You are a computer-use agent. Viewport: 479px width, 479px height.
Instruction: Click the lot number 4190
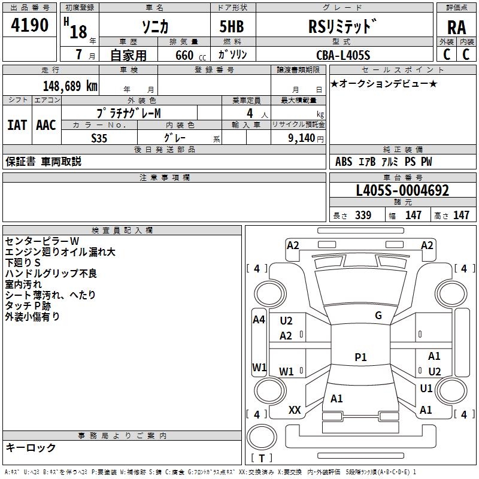pyautogui.click(x=29, y=25)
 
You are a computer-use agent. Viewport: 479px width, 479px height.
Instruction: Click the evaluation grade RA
pyautogui.click(x=456, y=28)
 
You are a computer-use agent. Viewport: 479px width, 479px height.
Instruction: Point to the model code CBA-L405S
pyautogui.click(x=343, y=55)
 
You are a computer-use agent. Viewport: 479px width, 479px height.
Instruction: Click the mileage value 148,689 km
pyautogui.click(x=70, y=86)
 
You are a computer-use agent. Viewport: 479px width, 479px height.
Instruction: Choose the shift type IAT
pyautogui.click(x=17, y=125)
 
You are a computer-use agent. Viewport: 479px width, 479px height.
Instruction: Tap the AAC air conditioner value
pyautogui.click(x=46, y=125)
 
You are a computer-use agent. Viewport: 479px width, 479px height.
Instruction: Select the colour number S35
pyautogui.click(x=99, y=138)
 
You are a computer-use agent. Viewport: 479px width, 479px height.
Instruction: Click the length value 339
pyautogui.click(x=363, y=216)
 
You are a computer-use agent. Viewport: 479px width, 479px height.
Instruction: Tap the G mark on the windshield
pyautogui.click(x=378, y=316)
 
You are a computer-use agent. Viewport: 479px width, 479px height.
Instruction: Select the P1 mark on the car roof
pyautogui.click(x=360, y=357)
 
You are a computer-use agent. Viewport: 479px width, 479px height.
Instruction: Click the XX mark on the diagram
pyautogui.click(x=295, y=410)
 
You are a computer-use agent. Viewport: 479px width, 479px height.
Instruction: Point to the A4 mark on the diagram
pyautogui.click(x=259, y=320)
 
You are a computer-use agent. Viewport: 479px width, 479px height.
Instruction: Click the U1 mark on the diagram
pyautogui.click(x=426, y=389)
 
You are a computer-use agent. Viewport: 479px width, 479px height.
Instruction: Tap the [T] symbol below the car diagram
pyautogui.click(x=261, y=458)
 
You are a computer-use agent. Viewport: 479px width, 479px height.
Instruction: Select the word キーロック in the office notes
pyautogui.click(x=31, y=448)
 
